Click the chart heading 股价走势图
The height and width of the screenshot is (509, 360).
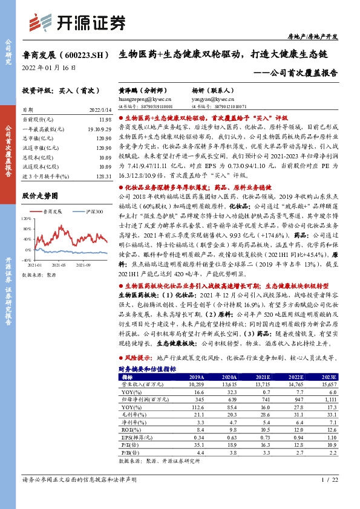[x=44, y=196]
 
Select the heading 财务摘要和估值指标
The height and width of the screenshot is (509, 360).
[x=147, y=368]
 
